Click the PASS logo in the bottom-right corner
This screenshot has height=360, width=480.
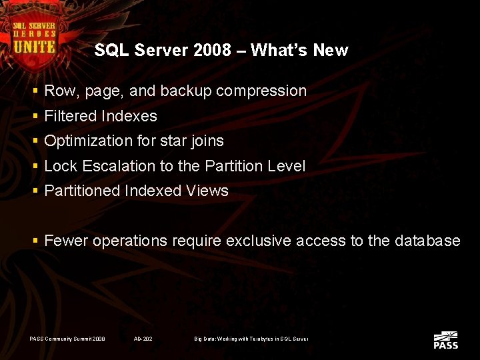pos(445,340)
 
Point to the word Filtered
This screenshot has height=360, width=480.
pos(71,116)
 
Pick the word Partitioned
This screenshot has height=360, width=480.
pos(82,191)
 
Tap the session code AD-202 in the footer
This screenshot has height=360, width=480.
pos(143,339)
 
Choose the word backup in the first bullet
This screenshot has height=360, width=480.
pos(182,91)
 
